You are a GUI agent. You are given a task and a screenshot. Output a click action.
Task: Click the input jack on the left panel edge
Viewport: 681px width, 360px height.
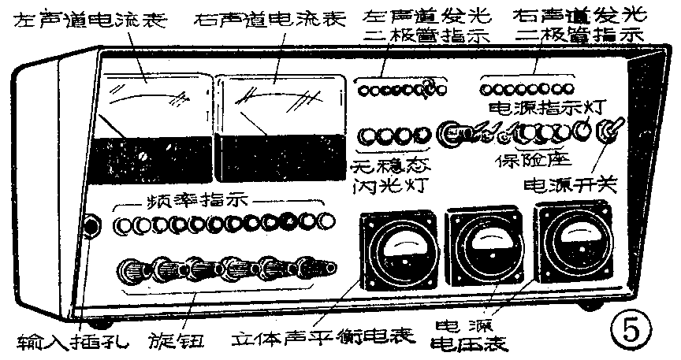92,227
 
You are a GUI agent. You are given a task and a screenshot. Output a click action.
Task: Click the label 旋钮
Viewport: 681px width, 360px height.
176,340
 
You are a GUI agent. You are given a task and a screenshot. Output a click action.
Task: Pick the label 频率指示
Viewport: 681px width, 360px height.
188,200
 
